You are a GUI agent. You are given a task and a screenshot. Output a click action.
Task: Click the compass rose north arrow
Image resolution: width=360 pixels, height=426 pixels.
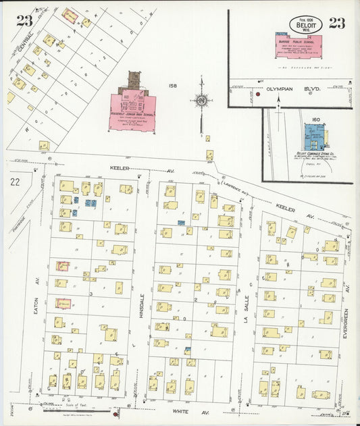201,101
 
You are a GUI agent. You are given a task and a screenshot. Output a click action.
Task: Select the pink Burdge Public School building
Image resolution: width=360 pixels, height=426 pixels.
298,45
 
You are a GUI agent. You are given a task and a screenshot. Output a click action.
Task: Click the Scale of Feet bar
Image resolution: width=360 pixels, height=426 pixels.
64,408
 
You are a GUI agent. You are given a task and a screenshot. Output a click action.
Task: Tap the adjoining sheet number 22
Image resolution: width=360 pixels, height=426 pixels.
15,182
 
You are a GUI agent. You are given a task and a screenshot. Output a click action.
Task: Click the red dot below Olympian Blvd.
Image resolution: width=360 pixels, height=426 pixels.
258,95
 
